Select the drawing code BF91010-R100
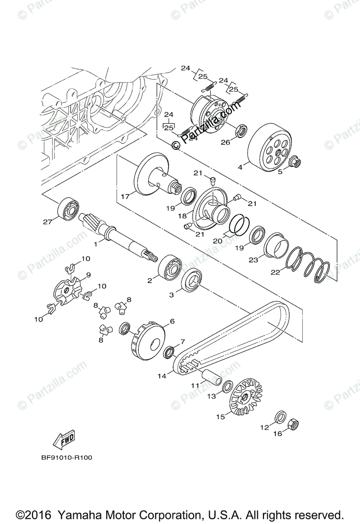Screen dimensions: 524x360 (66, 458)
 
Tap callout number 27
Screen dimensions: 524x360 (47, 221)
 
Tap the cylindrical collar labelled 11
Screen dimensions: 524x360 (211, 375)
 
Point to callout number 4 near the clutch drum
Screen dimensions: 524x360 (240, 166)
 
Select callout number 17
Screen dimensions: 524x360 (125, 196)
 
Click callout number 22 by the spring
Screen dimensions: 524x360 (275, 272)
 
